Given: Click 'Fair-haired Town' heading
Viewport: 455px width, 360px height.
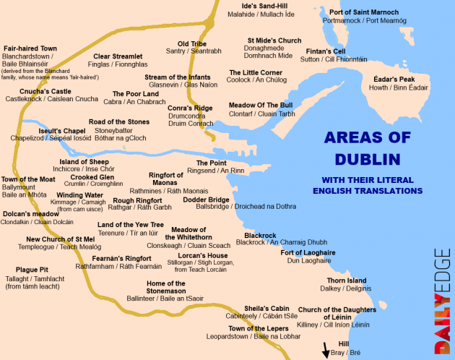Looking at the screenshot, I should coord(30,48).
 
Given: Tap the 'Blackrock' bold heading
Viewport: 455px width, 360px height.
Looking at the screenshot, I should coord(260,235).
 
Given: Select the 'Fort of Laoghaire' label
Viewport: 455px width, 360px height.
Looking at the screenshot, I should coord(308,252).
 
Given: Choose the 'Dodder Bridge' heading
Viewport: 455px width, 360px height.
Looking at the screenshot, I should coord(206,199).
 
